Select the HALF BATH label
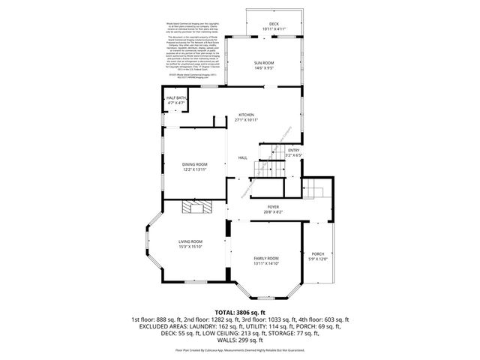click(x=176, y=98)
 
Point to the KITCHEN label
click(x=246, y=115)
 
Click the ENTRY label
click(x=293, y=150)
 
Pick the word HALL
click(x=243, y=157)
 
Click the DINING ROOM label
click(x=194, y=164)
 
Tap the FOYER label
click(x=273, y=206)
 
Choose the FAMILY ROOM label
click(x=265, y=258)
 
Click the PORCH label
click(x=317, y=255)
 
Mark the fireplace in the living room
click(x=200, y=208)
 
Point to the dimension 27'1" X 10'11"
click(x=246, y=120)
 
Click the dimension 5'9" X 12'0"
click(x=317, y=260)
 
